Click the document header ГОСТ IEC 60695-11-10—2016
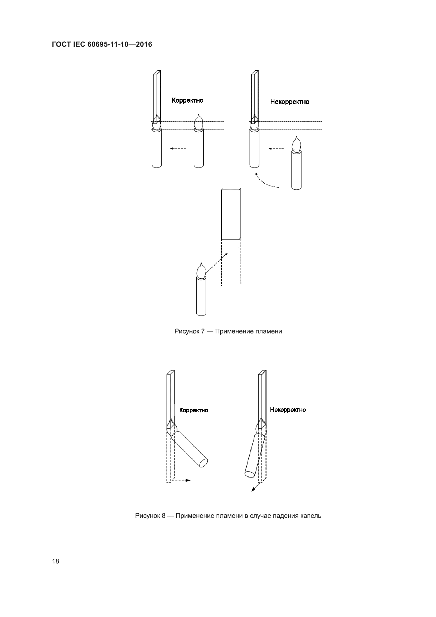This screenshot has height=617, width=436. click(102, 44)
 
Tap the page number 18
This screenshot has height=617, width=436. click(56, 561)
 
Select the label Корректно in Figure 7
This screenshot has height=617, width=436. click(187, 101)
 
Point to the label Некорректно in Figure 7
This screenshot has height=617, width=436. click(290, 102)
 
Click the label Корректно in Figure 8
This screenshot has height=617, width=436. click(193, 410)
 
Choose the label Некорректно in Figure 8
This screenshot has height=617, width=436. click(288, 410)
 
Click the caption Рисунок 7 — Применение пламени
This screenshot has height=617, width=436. click(228, 331)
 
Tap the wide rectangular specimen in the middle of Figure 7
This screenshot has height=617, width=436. click(230, 214)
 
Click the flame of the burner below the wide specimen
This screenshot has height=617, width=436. click(201, 271)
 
